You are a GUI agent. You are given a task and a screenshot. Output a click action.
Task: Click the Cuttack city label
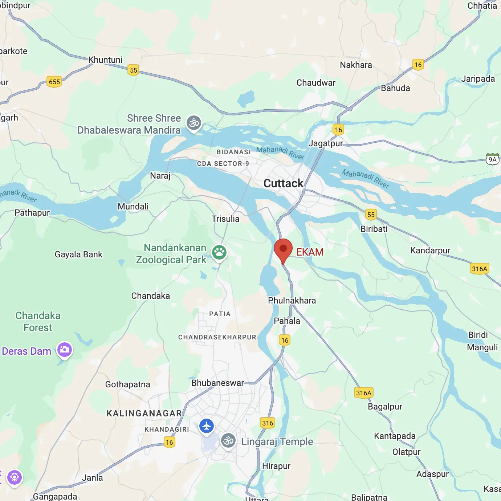click(283, 183)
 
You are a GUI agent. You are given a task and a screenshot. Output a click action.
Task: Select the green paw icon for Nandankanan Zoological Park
click(219, 252)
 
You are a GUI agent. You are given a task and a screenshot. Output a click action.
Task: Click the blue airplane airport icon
click(207, 426)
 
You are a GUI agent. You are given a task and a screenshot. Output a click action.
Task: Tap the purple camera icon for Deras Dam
click(65, 350)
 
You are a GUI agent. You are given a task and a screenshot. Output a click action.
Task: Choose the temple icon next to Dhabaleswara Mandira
click(194, 123)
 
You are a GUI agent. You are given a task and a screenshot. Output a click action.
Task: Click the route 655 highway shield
click(54, 82)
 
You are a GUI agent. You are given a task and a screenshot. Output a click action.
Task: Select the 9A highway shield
click(492, 159)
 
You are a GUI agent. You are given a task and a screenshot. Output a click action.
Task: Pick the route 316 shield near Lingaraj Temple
click(268, 423)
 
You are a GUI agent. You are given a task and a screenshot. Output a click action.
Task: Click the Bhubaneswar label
click(217, 383)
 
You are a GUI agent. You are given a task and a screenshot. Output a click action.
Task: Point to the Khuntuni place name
click(105, 60)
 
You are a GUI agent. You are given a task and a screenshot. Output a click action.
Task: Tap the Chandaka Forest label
click(38, 321)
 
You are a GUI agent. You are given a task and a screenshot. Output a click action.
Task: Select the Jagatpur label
click(325, 143)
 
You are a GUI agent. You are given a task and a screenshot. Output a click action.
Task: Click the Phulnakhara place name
click(292, 301)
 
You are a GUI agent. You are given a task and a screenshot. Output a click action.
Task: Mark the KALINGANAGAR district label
click(144, 413)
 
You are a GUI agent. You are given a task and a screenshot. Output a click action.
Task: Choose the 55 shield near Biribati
click(371, 215)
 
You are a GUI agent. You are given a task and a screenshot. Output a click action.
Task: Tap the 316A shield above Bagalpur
click(363, 393)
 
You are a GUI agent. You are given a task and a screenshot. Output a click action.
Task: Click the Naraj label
click(160, 176)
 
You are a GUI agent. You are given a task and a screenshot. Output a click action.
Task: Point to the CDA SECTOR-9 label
click(223, 164)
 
